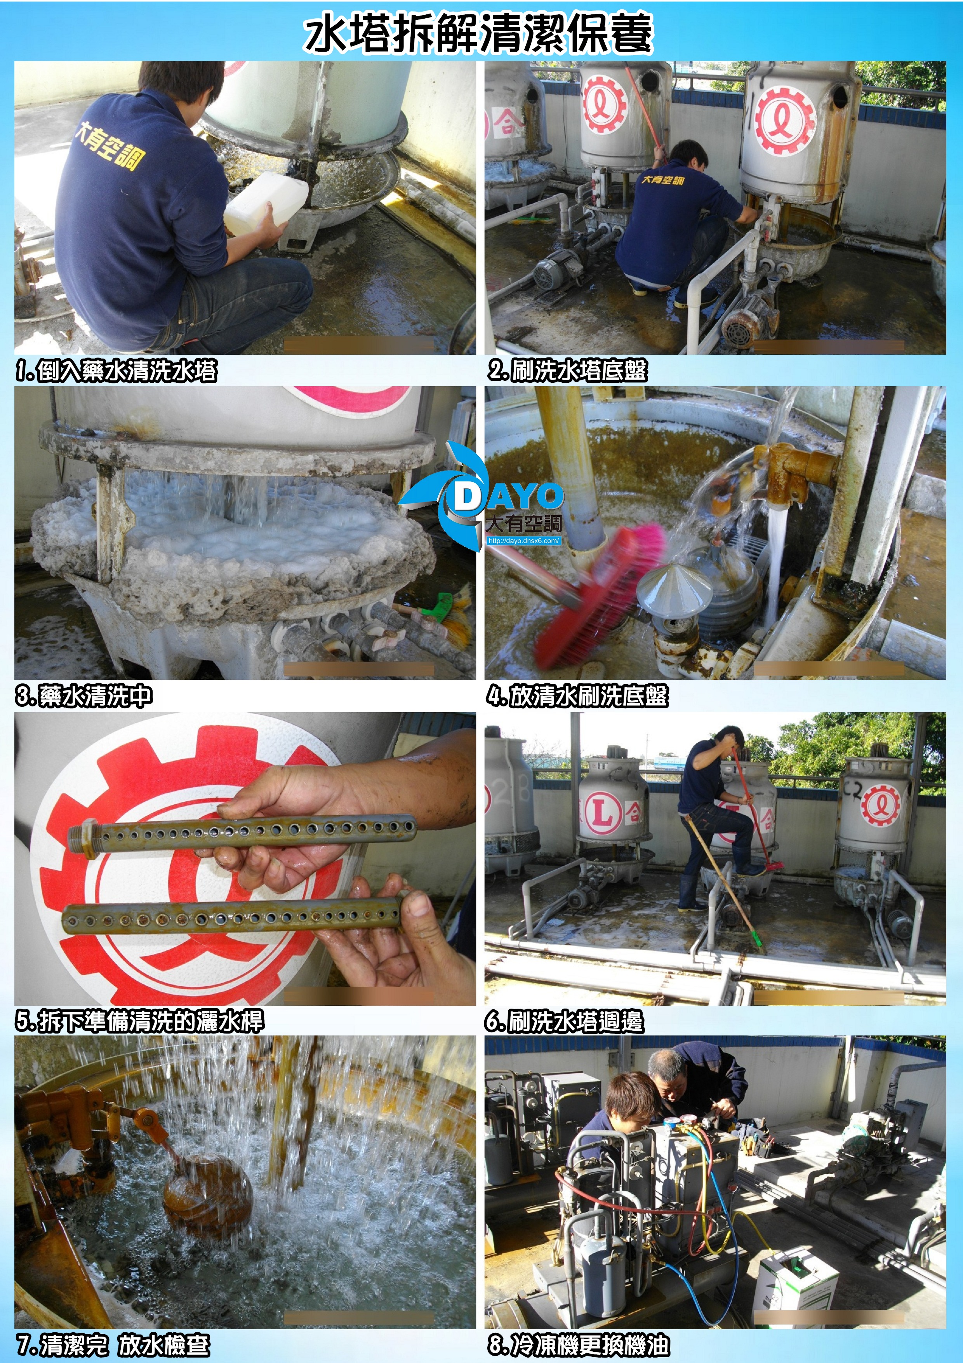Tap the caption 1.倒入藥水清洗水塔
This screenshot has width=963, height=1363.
pyautogui.click(x=116, y=371)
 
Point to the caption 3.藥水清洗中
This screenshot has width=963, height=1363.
pyautogui.click(x=83, y=696)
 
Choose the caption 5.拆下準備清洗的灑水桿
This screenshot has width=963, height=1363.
pyautogui.click(x=139, y=1021)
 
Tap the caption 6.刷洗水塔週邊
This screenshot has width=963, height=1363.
pyautogui.click(x=564, y=1021)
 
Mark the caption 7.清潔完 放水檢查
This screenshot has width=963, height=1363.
pyautogui.click(x=113, y=1345)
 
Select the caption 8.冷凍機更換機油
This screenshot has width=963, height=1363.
pyautogui.click(x=579, y=1345)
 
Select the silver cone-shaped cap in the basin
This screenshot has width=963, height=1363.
pyautogui.click(x=674, y=589)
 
